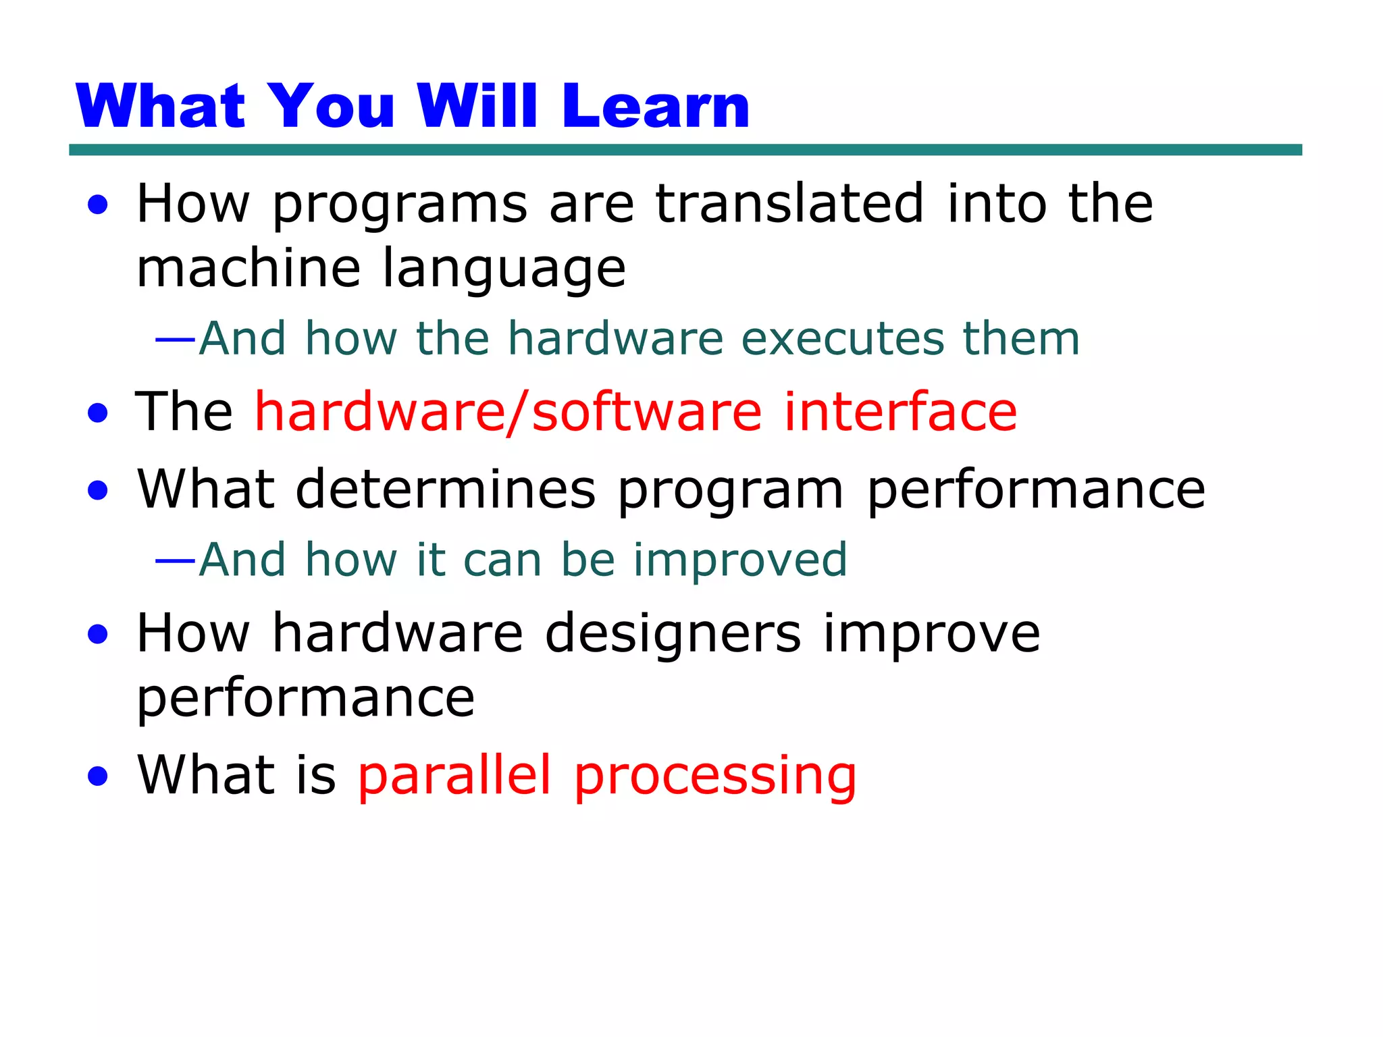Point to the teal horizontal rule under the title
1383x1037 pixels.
click(x=685, y=150)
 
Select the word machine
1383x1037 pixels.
click(x=248, y=267)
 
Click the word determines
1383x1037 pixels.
click(x=446, y=489)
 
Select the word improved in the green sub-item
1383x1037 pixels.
click(x=739, y=561)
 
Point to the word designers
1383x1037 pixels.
click(x=673, y=635)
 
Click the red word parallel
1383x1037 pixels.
click(x=454, y=775)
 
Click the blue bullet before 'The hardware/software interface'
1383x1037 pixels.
click(x=98, y=413)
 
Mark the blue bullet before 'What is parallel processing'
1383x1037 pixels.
click(x=98, y=776)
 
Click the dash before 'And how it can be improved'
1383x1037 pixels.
click(x=176, y=561)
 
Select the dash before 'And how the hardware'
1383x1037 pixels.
click(x=176, y=340)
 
